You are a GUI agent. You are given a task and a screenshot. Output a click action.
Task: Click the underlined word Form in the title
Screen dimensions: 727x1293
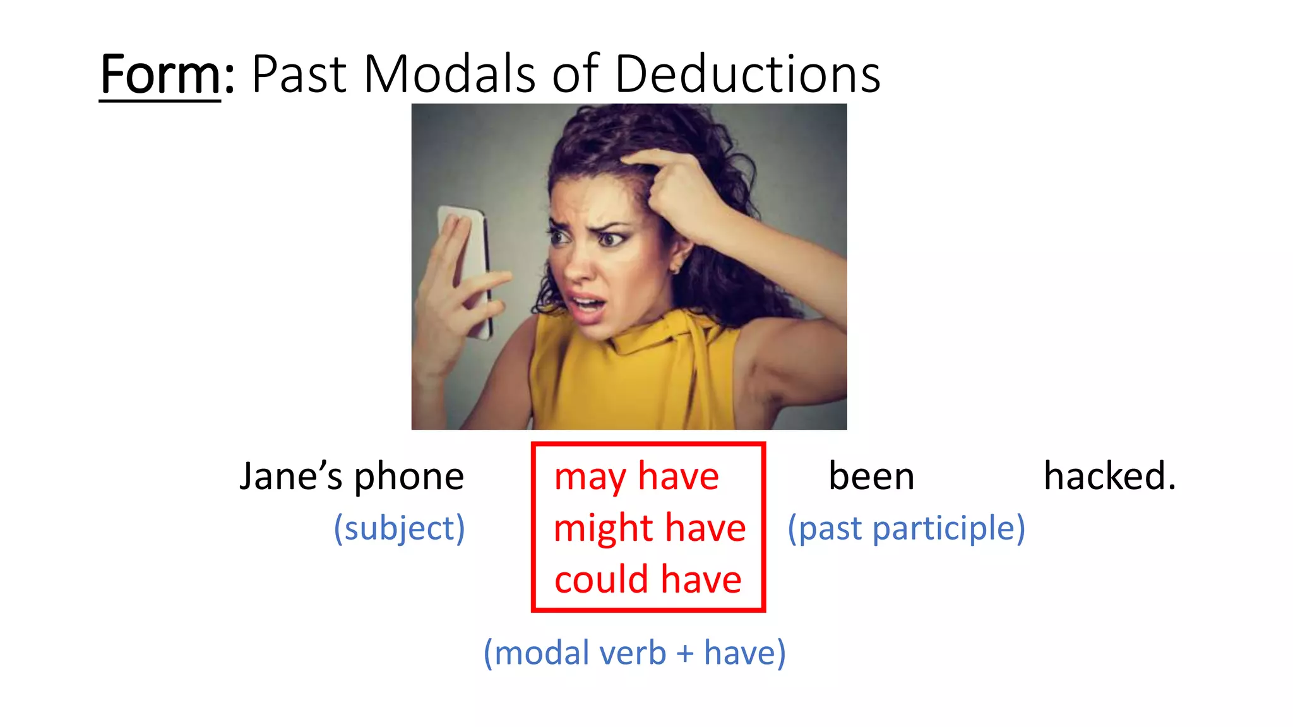[x=160, y=74]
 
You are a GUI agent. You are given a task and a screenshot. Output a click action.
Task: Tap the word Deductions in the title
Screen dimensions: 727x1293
[x=747, y=74]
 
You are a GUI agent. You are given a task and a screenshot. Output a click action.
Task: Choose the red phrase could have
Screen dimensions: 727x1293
[x=648, y=579]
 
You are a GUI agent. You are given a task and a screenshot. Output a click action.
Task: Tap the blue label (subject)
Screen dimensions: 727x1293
[x=399, y=528]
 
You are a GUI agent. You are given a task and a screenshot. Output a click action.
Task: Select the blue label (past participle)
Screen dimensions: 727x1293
[x=906, y=528]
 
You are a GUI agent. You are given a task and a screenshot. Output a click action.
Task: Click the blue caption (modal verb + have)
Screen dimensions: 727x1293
[x=635, y=653]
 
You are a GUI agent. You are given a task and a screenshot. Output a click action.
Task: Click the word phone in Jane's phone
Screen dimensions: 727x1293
[x=408, y=477]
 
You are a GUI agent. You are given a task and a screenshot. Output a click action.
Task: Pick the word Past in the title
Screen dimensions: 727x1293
[x=299, y=74]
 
